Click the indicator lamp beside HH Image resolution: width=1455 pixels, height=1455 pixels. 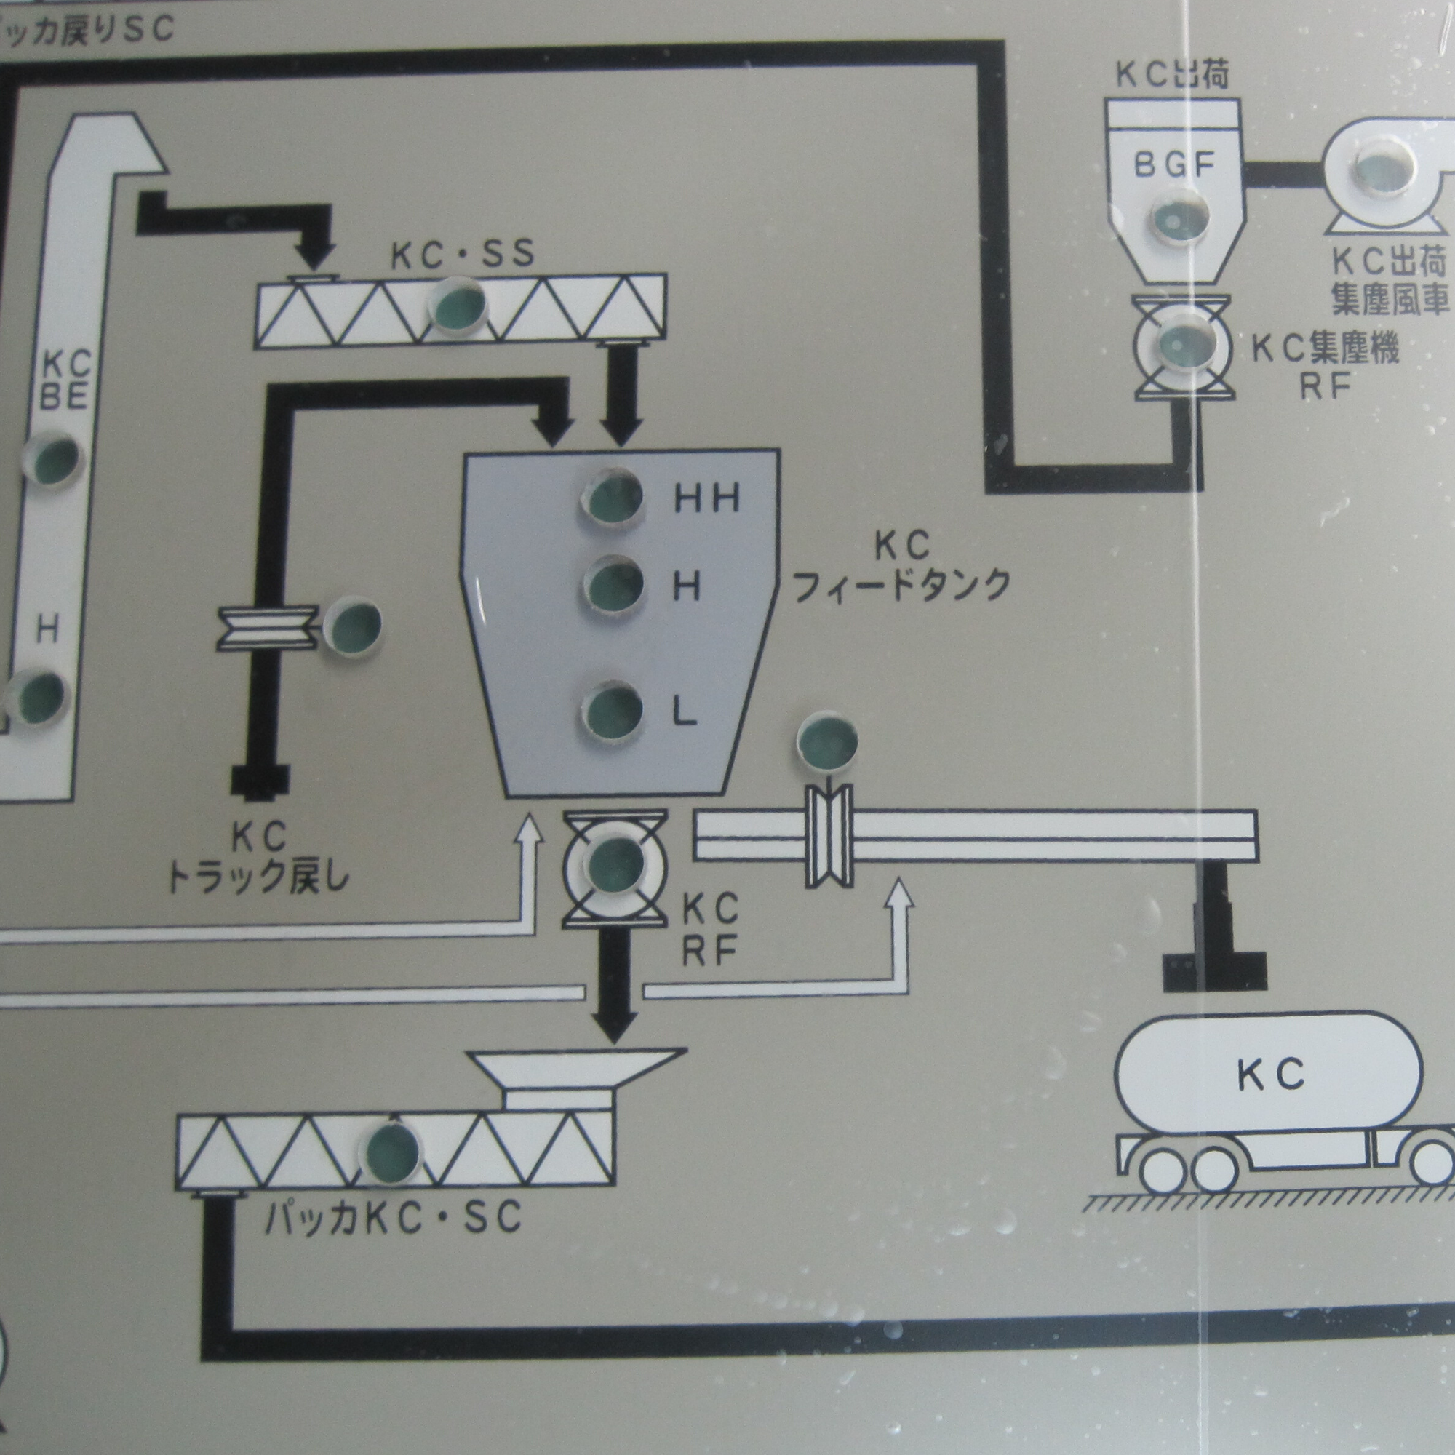pyautogui.click(x=614, y=497)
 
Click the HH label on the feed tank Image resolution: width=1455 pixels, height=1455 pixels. pyautogui.click(x=706, y=498)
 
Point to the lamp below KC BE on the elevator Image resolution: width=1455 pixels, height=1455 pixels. pyautogui.click(x=51, y=458)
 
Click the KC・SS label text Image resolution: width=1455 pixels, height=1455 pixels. pyautogui.click(x=462, y=255)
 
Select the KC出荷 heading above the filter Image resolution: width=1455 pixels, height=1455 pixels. pyautogui.click(x=1172, y=76)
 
